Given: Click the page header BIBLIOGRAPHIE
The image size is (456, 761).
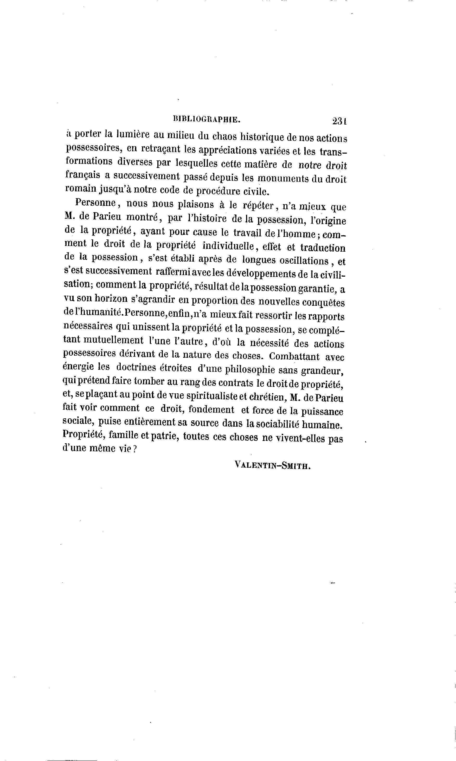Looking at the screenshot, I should tap(207, 119).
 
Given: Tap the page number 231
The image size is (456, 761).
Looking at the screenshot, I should tap(339, 121).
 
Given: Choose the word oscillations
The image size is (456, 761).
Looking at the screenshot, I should tap(304, 261).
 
